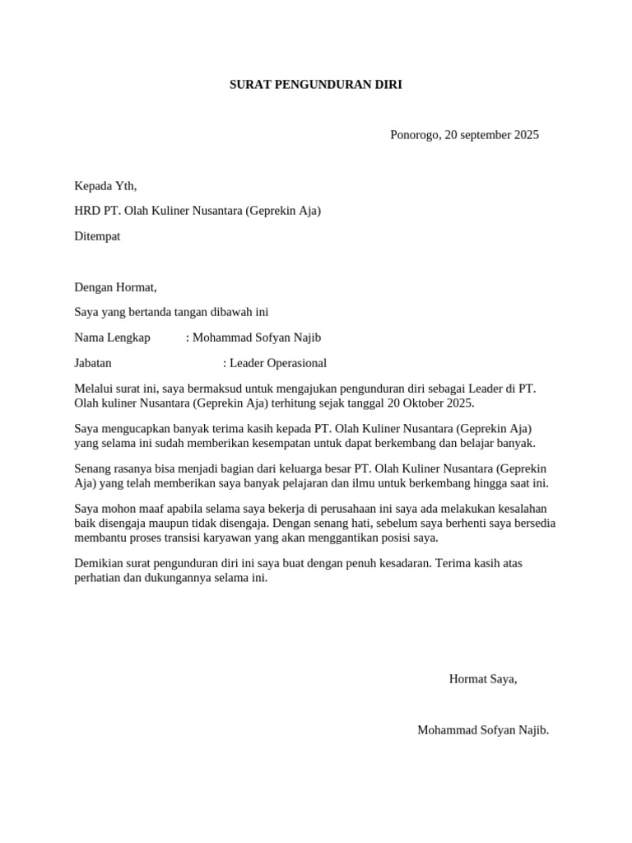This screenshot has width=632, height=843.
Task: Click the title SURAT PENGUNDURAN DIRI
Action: [315, 85]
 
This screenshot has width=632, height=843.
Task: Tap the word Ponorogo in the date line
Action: [415, 135]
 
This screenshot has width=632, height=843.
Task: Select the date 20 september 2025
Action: [491, 135]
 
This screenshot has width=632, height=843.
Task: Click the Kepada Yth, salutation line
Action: [105, 186]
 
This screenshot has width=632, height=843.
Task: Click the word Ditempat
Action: [97, 236]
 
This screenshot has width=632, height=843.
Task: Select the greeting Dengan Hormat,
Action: [115, 287]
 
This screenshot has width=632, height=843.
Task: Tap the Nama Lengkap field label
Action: [112, 338]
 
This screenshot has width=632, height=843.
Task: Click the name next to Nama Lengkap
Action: [257, 338]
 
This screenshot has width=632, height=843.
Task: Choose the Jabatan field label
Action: [93, 363]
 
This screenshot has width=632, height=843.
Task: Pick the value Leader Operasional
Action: [278, 363]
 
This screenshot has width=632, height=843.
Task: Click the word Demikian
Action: [100, 563]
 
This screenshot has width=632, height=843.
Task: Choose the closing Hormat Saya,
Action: [483, 679]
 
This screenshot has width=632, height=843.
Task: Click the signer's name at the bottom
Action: [482, 730]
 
